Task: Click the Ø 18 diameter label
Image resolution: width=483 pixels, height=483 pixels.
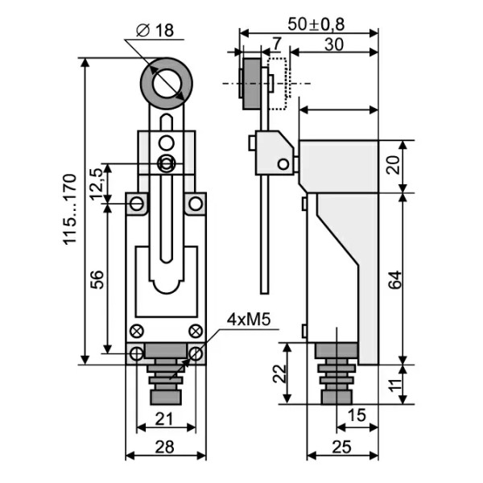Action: (155, 31)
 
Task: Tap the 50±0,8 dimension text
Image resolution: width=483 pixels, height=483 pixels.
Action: (316, 24)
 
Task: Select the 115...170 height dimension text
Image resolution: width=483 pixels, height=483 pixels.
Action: (69, 209)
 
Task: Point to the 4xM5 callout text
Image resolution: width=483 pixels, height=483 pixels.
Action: (249, 320)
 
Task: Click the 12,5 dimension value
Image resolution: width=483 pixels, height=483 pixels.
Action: (97, 184)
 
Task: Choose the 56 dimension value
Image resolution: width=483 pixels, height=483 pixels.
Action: (97, 279)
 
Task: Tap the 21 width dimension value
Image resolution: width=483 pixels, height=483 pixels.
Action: (164, 419)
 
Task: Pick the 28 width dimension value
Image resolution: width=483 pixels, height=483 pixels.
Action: (164, 447)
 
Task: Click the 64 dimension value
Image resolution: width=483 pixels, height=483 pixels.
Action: (395, 279)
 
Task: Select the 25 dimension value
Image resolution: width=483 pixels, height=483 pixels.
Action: (342, 447)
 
